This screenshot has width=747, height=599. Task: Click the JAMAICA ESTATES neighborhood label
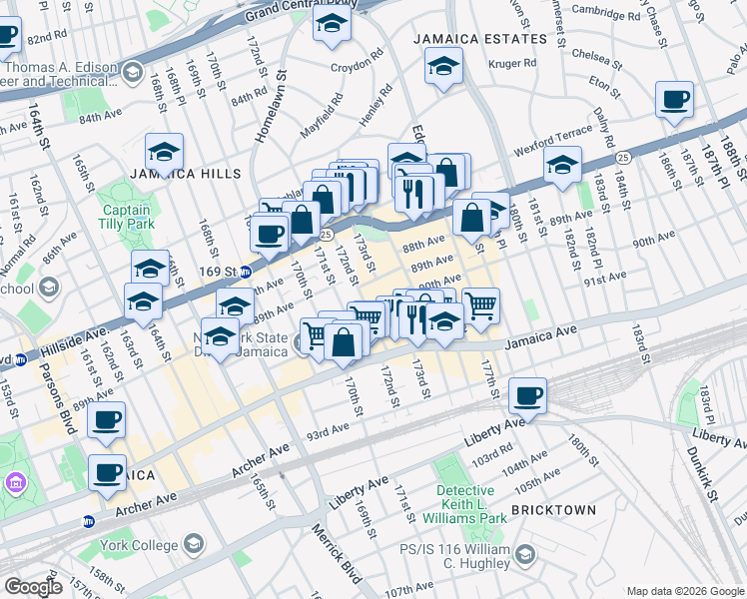pos(481,38)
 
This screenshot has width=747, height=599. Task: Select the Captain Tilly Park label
pos(126,218)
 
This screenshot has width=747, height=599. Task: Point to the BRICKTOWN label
pos(553,510)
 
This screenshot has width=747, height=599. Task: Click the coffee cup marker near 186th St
pos(674,100)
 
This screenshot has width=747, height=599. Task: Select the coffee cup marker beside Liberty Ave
pos(527,395)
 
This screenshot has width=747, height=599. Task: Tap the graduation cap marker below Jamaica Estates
pos(440,68)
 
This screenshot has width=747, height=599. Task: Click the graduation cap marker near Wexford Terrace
pos(563,163)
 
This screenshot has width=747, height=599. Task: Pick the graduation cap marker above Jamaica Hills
pos(164,151)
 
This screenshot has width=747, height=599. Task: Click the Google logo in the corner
pos(33,587)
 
